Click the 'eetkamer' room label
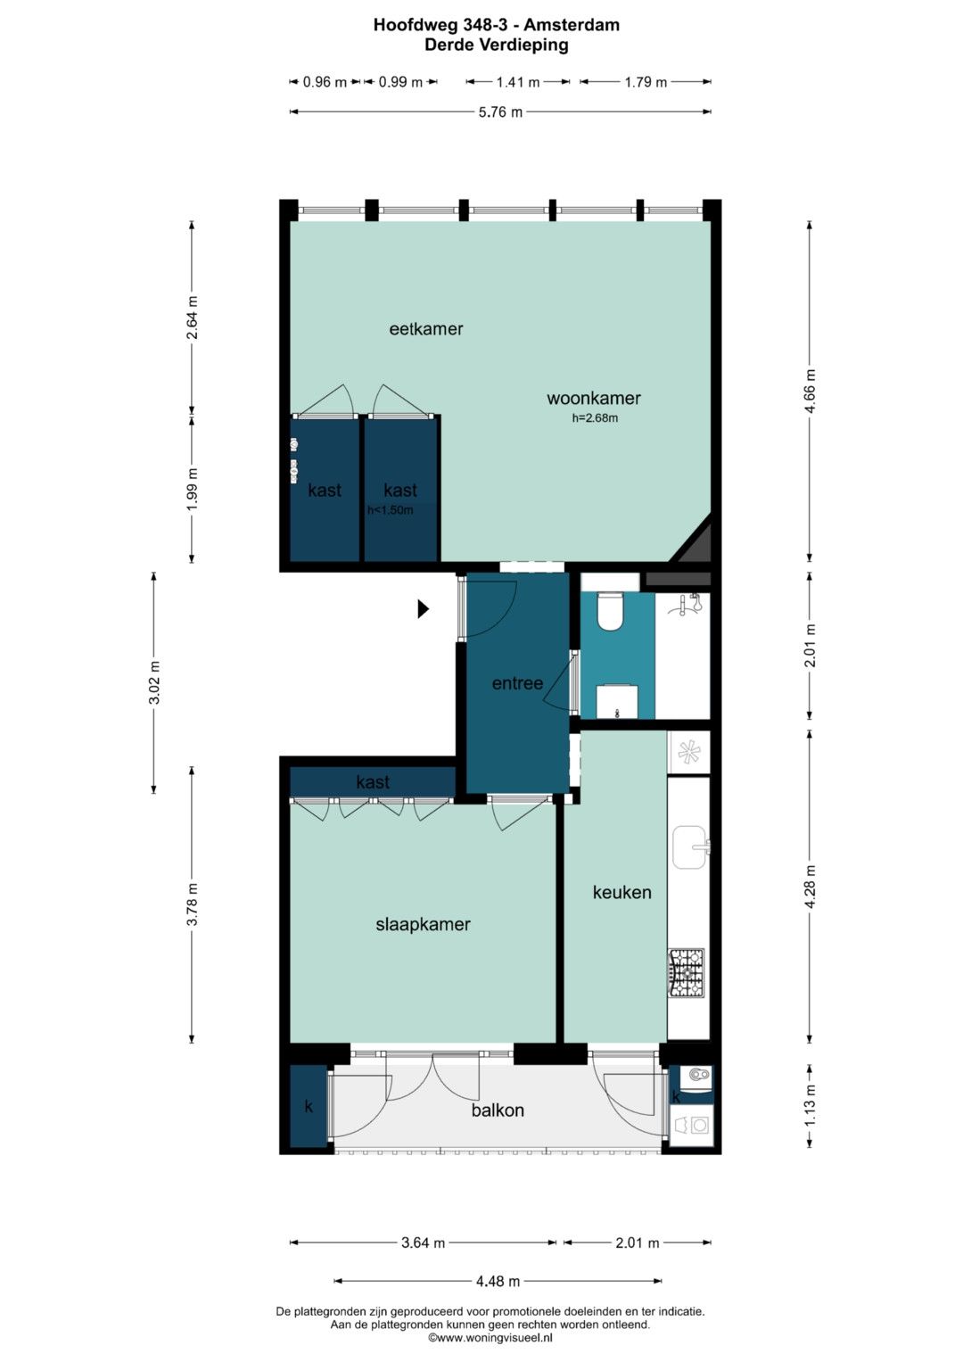click(425, 329)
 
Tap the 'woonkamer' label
click(593, 399)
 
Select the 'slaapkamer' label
click(424, 925)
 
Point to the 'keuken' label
click(622, 893)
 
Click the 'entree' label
click(517, 683)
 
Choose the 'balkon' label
click(498, 1110)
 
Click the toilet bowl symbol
click(609, 612)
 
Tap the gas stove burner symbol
click(687, 973)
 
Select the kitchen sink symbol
click(689, 847)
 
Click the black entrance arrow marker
click(424, 608)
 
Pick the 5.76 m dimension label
click(500, 112)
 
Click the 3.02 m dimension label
click(154, 682)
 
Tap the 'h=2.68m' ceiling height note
click(595, 418)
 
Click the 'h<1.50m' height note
click(390, 510)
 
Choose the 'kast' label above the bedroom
click(373, 782)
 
